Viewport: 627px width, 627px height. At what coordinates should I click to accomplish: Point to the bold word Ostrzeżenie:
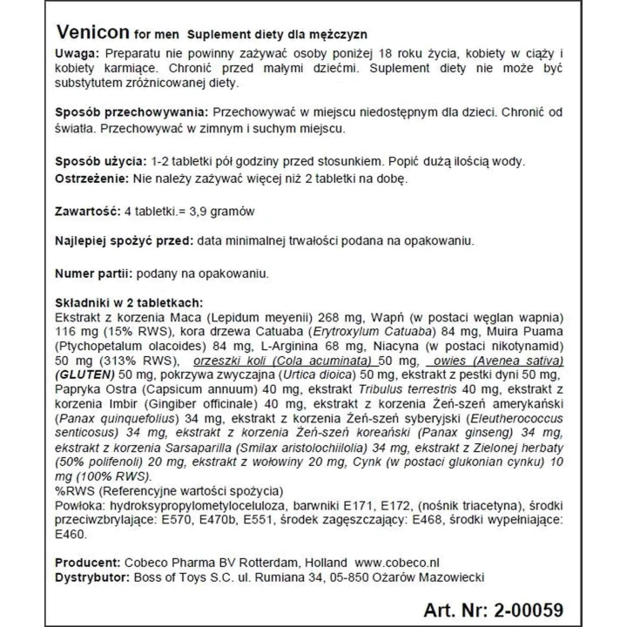(94, 179)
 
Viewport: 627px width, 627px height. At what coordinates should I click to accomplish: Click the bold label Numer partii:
(92, 273)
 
